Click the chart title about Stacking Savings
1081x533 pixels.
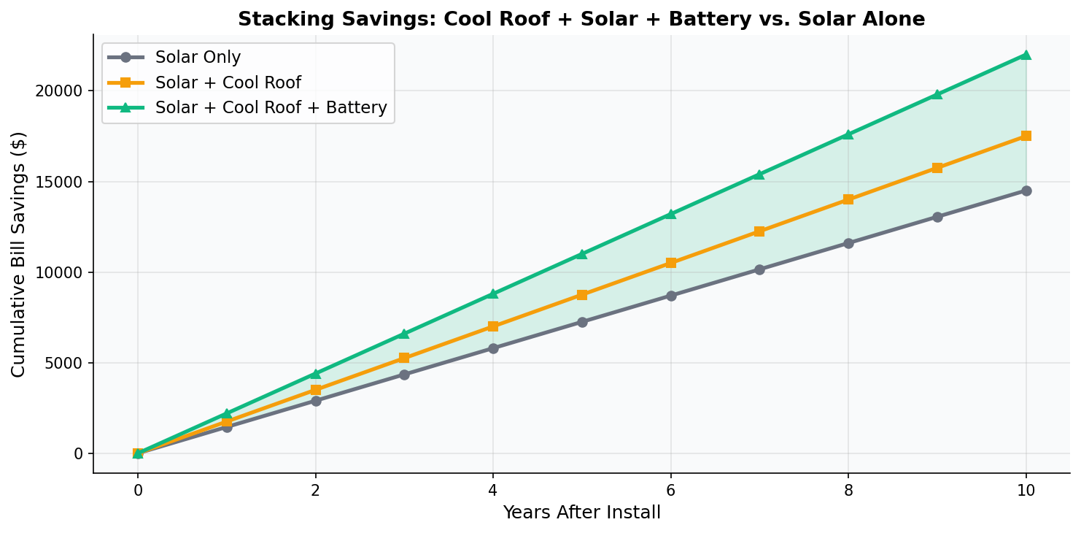point(581,20)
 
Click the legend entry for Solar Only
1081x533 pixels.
point(198,57)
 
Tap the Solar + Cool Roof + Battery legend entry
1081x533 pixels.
point(271,108)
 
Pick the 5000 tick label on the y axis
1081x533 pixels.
point(66,363)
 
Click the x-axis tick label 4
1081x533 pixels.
point(493,490)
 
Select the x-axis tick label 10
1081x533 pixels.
point(1026,490)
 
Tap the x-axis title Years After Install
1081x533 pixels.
point(581,513)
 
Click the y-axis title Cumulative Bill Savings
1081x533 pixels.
point(19,254)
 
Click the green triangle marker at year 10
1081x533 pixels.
point(1026,55)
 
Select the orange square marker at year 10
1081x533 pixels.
point(1026,136)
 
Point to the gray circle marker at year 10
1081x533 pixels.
point(1026,191)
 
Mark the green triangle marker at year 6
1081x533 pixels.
point(671,214)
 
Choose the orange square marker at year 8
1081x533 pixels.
point(848,199)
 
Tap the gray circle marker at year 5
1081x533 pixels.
point(582,322)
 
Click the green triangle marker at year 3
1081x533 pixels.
point(404,334)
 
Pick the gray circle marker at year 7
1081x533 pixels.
point(759,269)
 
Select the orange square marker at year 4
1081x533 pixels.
point(493,326)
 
